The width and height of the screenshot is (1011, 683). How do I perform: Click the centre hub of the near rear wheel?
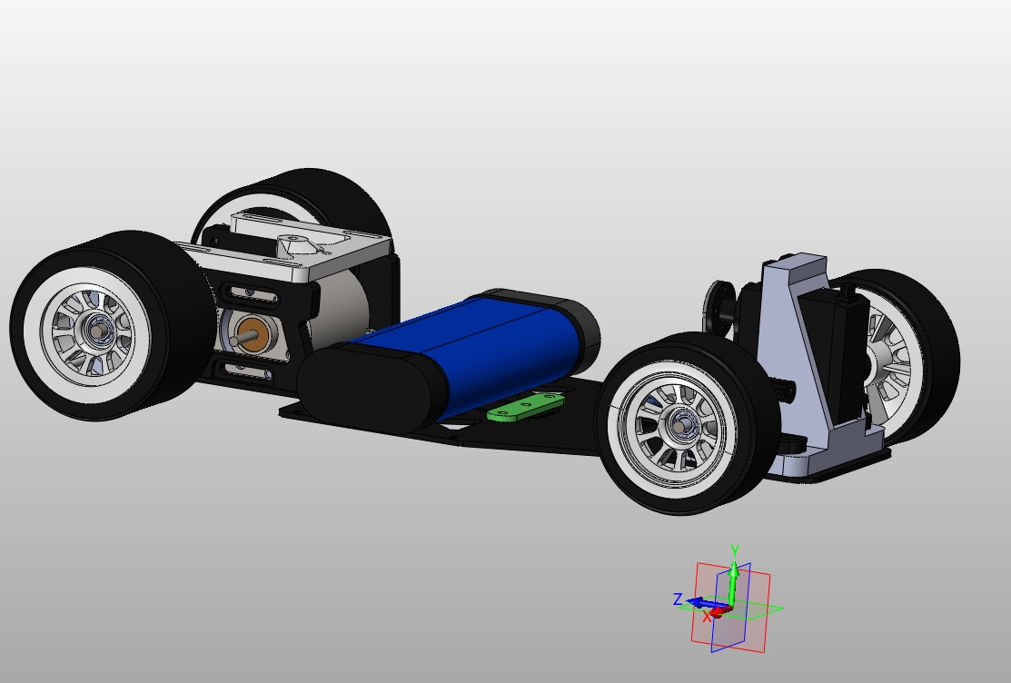click(94, 332)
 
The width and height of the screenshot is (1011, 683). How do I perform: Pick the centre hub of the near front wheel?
click(679, 423)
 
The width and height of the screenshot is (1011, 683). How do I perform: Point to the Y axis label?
click(735, 550)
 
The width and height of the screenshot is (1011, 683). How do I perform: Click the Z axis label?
click(678, 599)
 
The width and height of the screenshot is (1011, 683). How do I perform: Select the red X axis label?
click(707, 617)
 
